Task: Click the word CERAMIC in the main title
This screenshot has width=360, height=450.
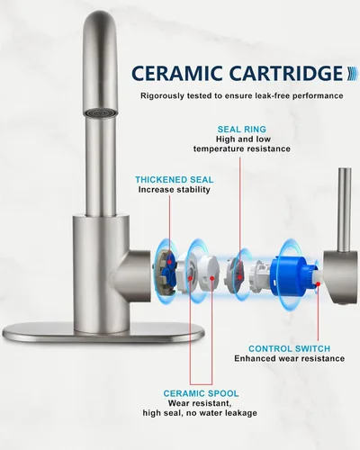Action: click(x=176, y=73)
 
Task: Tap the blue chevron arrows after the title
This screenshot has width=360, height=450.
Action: click(x=352, y=74)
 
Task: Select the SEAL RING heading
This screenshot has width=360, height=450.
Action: click(x=242, y=130)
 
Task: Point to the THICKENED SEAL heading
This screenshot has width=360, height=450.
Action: click(x=175, y=180)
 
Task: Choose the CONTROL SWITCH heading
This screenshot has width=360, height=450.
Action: click(x=289, y=348)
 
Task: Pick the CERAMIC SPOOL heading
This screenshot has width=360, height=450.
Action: click(x=201, y=393)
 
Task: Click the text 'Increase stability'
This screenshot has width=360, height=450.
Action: click(x=175, y=190)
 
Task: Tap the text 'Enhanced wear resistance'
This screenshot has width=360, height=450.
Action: click(x=290, y=358)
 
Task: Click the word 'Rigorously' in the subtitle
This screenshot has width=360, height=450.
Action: click(x=162, y=96)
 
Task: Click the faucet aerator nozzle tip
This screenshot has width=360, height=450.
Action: click(x=101, y=113)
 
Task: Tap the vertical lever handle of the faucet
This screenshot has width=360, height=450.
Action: click(x=345, y=210)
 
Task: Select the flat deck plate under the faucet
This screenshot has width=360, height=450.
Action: click(x=103, y=332)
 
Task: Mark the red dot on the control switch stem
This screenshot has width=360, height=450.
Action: click(x=319, y=283)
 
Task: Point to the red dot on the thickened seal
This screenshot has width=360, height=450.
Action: click(x=169, y=262)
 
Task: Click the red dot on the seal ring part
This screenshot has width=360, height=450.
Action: click(x=239, y=277)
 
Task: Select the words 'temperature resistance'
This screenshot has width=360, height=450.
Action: click(x=242, y=148)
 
